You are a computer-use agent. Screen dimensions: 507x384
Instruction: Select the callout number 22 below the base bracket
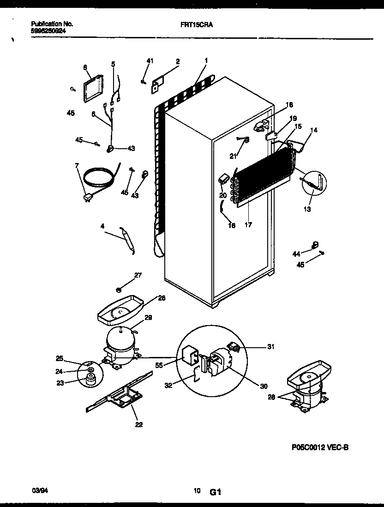[139, 425]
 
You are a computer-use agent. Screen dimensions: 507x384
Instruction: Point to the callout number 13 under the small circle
[307, 209]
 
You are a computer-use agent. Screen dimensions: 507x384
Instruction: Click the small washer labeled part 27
[119, 290]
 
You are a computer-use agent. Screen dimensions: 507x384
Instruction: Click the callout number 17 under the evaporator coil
[248, 225]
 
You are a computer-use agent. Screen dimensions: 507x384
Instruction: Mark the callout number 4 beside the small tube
[102, 226]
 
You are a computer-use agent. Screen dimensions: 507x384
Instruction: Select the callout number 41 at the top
[149, 60]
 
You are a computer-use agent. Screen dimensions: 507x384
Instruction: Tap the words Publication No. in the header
[52, 23]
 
